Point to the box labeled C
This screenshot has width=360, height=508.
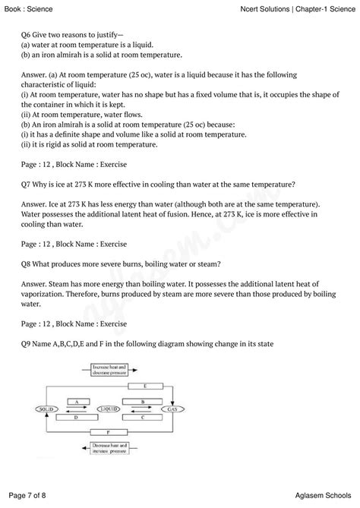[141, 416]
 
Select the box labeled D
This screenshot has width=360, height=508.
[76, 417]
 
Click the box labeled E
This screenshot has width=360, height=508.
[146, 386]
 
